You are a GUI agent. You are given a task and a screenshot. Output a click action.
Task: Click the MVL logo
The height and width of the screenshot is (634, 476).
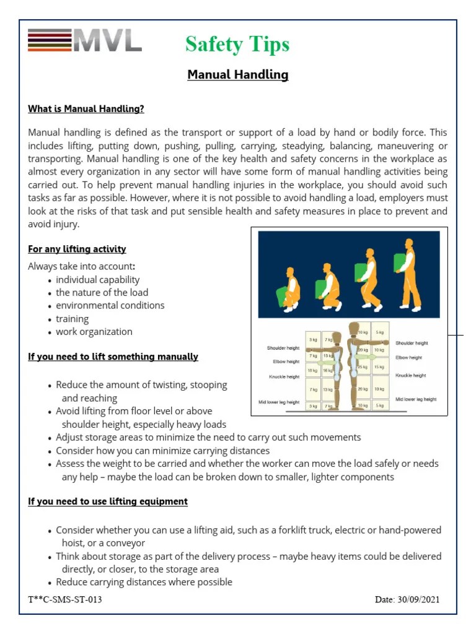[85, 41]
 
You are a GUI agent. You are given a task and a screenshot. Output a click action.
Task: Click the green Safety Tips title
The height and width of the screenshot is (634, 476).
[237, 45]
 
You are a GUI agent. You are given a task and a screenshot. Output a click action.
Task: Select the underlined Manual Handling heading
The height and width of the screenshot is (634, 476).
[238, 75]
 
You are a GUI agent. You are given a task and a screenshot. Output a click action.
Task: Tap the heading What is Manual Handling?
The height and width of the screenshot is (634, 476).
[86, 109]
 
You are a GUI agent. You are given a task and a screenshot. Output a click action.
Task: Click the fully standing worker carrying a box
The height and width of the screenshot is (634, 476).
[408, 276]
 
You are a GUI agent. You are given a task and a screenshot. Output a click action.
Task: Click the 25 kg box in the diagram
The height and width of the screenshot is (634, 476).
[362, 367]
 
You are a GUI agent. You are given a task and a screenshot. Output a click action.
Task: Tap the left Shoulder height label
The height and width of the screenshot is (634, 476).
[283, 348]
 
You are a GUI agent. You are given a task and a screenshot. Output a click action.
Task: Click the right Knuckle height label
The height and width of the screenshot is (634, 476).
[410, 375]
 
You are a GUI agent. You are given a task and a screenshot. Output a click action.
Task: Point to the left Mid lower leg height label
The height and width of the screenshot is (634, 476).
[279, 402]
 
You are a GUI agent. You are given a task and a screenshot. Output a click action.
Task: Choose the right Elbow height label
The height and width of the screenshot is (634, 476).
[409, 357]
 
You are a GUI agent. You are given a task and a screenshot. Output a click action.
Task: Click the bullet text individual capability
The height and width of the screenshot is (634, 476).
[98, 280]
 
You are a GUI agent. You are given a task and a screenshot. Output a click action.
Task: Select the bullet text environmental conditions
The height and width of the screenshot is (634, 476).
[110, 305]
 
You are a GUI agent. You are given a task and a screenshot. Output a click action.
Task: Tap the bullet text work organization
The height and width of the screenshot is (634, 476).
[94, 331]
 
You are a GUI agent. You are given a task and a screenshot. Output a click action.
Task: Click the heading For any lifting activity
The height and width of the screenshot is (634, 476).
[77, 249]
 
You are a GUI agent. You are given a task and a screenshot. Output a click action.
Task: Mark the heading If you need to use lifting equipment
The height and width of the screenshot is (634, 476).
[108, 502]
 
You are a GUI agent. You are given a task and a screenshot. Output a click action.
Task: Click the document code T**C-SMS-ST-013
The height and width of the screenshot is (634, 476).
[65, 599]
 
